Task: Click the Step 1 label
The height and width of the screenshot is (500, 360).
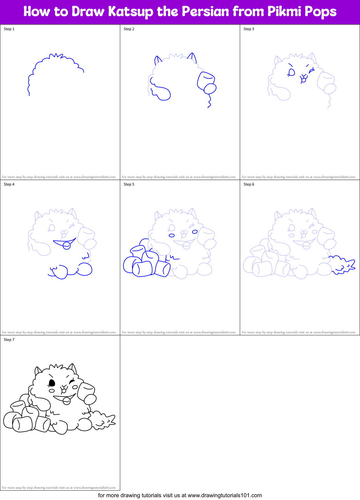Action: tap(9, 29)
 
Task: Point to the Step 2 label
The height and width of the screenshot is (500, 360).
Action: tap(129, 29)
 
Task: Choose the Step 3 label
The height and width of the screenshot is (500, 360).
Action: tap(249, 29)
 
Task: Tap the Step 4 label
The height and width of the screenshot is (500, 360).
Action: tap(9, 184)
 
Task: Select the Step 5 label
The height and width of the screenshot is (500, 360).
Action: tap(129, 184)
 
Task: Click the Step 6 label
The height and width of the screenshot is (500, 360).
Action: tap(249, 184)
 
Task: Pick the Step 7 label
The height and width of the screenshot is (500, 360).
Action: tap(9, 340)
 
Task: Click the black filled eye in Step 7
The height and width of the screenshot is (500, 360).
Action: tap(52, 382)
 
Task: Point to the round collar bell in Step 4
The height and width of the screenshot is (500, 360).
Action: tap(66, 246)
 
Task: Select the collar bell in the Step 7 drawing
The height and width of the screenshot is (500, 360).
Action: tap(66, 401)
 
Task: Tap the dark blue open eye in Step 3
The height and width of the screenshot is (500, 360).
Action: tap(291, 72)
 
